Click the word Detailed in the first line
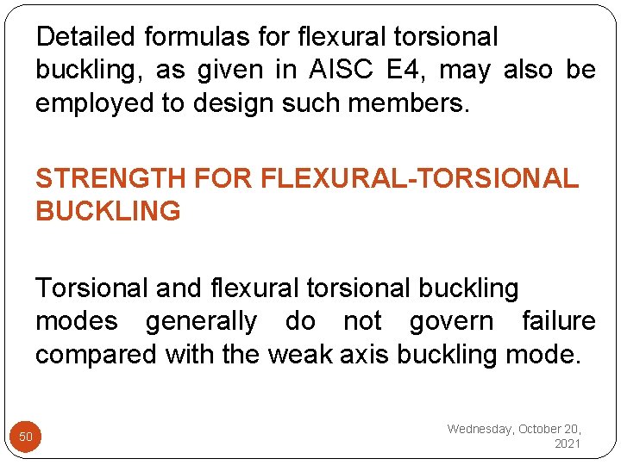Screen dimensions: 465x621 pos(86,37)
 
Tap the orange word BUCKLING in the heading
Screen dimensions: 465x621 pos(108,211)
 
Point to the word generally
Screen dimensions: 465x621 pos(201,322)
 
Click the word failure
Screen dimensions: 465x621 pos(559,322)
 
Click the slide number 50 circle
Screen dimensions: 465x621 pos(26,437)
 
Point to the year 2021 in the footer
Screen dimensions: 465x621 pos(568,443)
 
